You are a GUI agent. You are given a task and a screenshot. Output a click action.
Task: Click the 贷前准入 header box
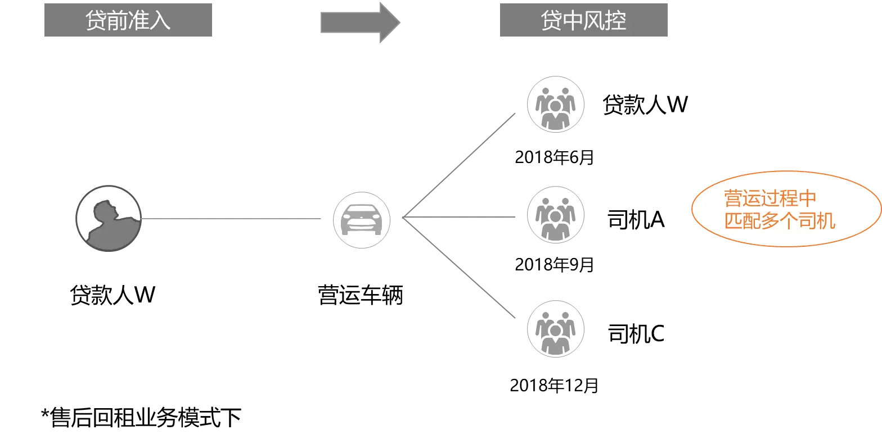click(128, 21)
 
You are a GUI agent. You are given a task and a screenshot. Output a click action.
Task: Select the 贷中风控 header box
click(583, 21)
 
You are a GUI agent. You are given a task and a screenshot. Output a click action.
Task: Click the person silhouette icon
click(107, 218)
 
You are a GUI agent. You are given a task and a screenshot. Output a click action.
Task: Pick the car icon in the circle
click(362, 220)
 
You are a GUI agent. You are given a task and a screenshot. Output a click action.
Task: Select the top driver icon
click(555, 103)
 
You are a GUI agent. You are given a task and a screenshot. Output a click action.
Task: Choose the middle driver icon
click(555, 216)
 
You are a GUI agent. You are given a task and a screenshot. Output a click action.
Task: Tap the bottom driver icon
click(555, 328)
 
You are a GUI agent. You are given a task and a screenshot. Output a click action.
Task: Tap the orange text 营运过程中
click(769, 198)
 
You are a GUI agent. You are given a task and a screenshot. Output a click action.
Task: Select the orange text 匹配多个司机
click(780, 221)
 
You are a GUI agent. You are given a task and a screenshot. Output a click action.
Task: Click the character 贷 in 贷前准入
click(96, 21)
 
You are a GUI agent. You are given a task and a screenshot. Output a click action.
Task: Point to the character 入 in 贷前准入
click(160, 21)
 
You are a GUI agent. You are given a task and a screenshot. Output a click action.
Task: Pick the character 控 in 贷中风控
click(615, 21)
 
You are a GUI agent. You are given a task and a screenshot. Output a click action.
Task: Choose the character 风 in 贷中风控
click(594, 21)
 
